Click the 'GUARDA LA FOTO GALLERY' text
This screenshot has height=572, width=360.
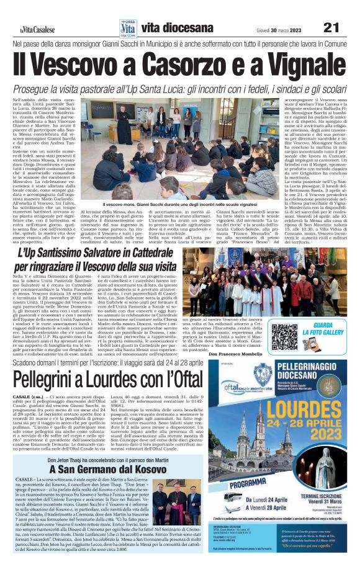[x=328, y=329]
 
